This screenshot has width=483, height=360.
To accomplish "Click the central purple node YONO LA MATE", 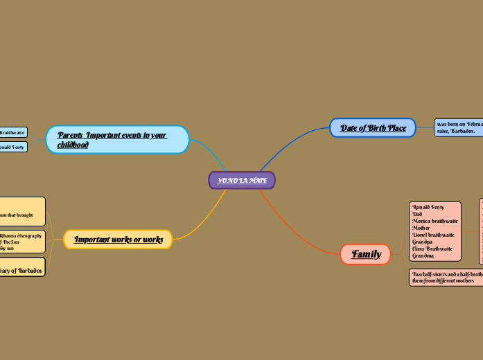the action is [x=242, y=181].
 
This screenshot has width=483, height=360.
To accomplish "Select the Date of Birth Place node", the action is [x=372, y=128].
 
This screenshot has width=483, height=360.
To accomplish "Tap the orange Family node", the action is [x=365, y=254].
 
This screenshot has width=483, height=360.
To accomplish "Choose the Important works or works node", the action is [x=118, y=240].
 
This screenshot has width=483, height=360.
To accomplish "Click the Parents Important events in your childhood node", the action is [x=117, y=139].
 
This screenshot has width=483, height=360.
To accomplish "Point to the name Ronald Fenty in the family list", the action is [x=428, y=207].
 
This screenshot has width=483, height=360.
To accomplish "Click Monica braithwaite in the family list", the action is [x=434, y=221].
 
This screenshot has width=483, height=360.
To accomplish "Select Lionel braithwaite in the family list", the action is [x=434, y=235].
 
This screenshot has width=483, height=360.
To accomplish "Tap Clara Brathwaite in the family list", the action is [x=432, y=249].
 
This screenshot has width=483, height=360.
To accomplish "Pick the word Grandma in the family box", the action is [x=423, y=255].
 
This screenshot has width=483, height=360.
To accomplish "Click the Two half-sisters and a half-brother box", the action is [x=446, y=278].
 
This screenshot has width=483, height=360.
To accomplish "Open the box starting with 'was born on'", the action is [x=458, y=127].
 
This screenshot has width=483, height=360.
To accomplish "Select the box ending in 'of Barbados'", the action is [x=22, y=270].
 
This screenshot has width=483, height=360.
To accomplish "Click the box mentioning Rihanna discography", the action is [x=22, y=242].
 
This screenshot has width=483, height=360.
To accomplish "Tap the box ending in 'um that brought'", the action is [x=22, y=212].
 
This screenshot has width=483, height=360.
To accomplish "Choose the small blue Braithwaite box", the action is [x=13, y=132].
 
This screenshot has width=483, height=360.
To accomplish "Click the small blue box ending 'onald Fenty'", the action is [x=13, y=147].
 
